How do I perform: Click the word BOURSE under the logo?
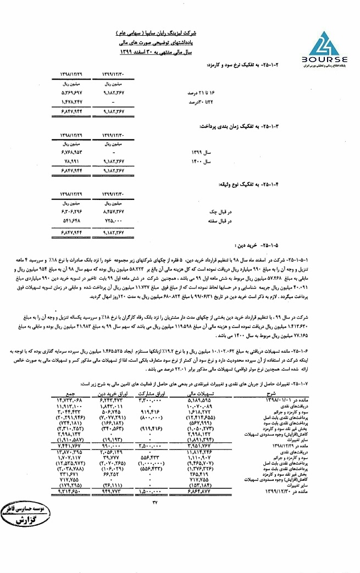pos(324,59)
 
